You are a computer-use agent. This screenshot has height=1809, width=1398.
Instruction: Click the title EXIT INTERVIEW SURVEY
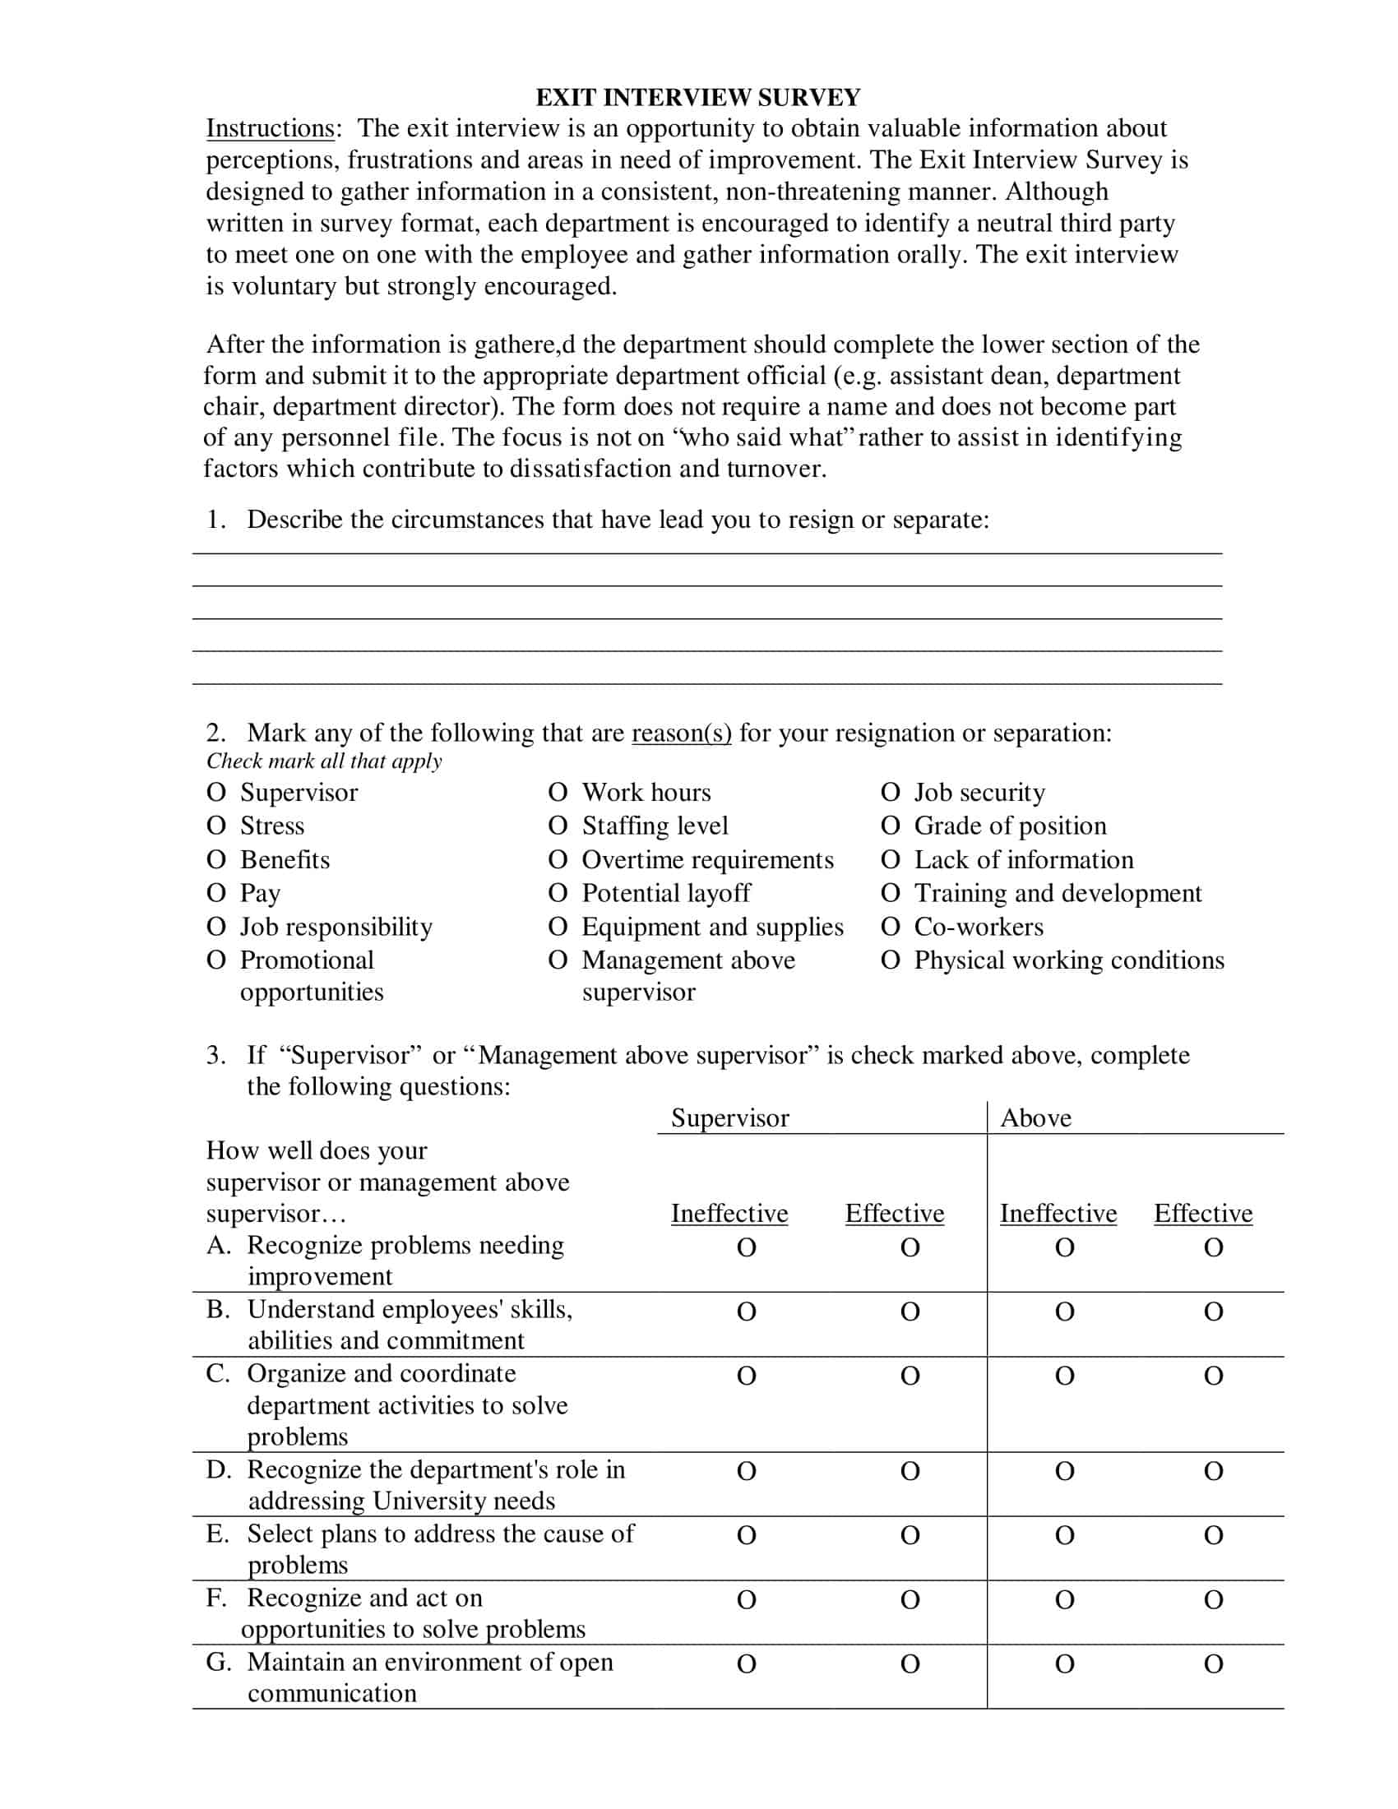[697, 98]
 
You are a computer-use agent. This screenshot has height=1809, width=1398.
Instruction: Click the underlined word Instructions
[270, 128]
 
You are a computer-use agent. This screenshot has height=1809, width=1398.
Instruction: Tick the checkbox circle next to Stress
[216, 826]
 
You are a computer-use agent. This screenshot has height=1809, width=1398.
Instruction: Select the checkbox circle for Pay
[216, 893]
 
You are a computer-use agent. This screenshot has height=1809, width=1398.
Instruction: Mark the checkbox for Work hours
[558, 793]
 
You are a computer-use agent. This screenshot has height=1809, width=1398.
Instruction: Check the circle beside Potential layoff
[558, 893]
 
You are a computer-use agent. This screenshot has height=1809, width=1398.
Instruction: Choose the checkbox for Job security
[891, 793]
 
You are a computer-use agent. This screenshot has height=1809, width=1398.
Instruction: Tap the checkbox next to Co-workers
[891, 927]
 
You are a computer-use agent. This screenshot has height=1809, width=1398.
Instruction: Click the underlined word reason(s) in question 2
[681, 733]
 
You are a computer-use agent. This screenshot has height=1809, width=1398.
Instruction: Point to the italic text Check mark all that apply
[324, 761]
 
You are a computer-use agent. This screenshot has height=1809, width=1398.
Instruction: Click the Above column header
[1035, 1118]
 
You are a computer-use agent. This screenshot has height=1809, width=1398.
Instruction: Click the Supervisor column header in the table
[729, 1118]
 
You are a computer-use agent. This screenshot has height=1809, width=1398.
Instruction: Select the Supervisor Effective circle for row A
[910, 1247]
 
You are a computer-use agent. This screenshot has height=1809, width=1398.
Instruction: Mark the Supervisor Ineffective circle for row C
[746, 1376]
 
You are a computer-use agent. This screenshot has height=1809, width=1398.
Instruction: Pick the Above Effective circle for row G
[1213, 1664]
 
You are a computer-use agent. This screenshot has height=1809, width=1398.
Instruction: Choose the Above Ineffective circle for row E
[1065, 1536]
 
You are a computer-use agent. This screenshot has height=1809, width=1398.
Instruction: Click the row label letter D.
[217, 1469]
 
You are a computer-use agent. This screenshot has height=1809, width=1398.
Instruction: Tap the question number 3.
[215, 1055]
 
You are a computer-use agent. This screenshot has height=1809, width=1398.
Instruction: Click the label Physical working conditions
[1068, 960]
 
